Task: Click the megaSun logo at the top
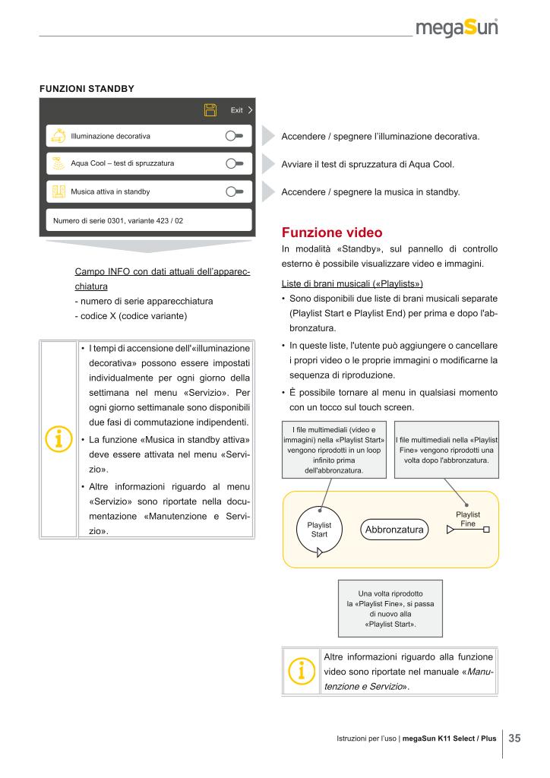pyautogui.click(x=456, y=30)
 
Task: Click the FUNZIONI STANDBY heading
pyautogui.click(x=87, y=88)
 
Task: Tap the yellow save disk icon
pyautogui.click(x=210, y=110)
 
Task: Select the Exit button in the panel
pyautogui.click(x=241, y=110)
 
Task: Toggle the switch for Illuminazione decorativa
pyautogui.click(x=233, y=136)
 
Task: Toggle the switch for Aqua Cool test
pyautogui.click(x=233, y=163)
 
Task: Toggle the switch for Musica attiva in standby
pyautogui.click(x=233, y=191)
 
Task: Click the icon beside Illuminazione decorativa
pyautogui.click(x=58, y=136)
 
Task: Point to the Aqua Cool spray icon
pyautogui.click(x=58, y=163)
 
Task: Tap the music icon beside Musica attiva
pyautogui.click(x=58, y=191)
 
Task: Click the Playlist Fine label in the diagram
pyautogui.click(x=467, y=520)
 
